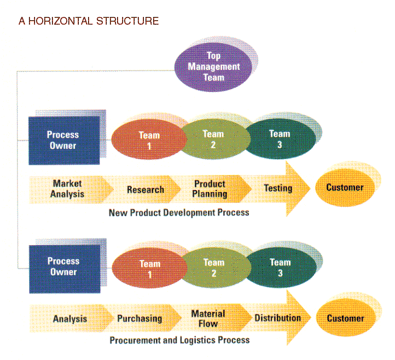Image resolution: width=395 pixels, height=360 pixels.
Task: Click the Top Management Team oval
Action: [215, 67]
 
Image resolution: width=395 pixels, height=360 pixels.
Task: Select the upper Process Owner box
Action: [62, 140]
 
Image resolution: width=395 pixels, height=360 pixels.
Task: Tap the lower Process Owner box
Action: [63, 267]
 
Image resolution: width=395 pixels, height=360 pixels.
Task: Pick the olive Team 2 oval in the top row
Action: [213, 139]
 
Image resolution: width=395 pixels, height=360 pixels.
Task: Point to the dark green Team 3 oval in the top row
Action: [280, 138]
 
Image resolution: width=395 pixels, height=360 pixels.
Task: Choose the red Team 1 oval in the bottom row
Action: [149, 269]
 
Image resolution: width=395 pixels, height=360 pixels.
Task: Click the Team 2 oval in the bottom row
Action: [213, 268]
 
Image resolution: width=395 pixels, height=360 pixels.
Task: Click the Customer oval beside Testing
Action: [345, 188]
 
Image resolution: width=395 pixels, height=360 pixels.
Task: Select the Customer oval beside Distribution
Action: [345, 318]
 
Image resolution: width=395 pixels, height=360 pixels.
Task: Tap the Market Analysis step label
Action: [68, 189]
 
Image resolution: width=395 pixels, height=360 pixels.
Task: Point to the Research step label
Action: [146, 190]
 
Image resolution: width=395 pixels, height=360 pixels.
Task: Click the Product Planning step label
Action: [210, 189]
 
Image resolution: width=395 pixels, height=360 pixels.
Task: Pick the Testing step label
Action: [278, 188]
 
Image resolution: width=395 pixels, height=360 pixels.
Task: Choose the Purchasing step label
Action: [140, 318]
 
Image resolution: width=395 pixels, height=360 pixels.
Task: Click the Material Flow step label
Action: [208, 318]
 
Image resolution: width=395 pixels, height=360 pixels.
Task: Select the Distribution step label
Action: [277, 318]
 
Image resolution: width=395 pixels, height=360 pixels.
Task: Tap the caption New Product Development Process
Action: [179, 212]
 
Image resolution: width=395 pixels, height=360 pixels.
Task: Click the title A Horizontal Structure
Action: [89, 21]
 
